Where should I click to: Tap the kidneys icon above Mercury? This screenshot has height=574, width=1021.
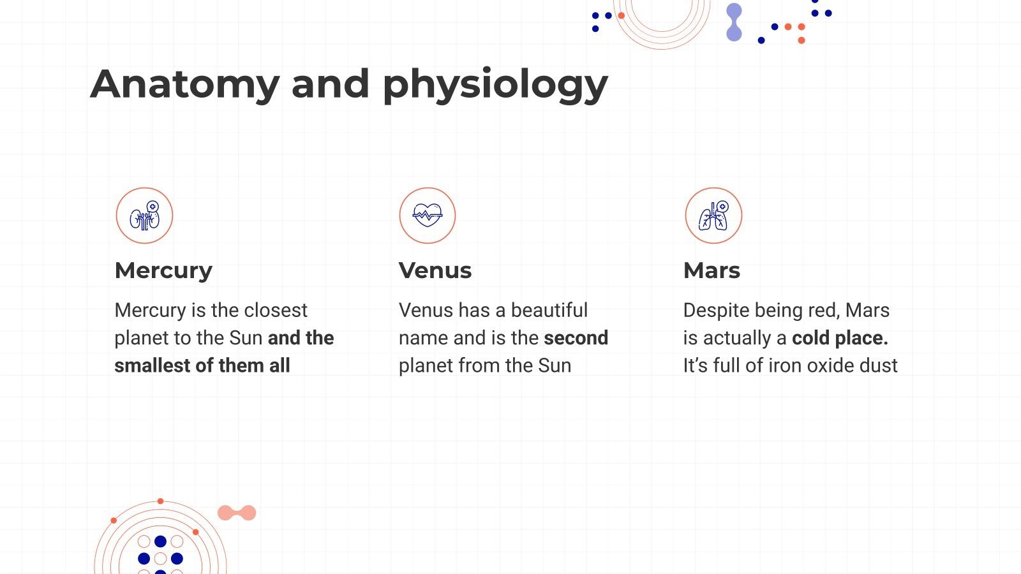(x=144, y=216)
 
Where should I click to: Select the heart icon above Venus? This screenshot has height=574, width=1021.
(x=428, y=216)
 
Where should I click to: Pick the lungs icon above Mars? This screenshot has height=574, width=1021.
(x=713, y=216)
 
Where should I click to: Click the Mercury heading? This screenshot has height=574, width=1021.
(x=163, y=270)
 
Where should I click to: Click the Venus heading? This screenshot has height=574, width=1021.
(x=435, y=270)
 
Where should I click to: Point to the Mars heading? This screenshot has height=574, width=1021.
(x=712, y=270)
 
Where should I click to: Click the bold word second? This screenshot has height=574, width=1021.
(x=576, y=338)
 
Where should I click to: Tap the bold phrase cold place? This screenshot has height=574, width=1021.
(x=840, y=338)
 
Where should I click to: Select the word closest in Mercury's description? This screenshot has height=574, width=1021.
(x=276, y=311)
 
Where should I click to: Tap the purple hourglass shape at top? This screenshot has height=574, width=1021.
(x=734, y=22)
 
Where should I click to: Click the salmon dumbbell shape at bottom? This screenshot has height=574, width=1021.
(x=237, y=513)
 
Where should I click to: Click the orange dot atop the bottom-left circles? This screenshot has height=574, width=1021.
(x=160, y=501)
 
